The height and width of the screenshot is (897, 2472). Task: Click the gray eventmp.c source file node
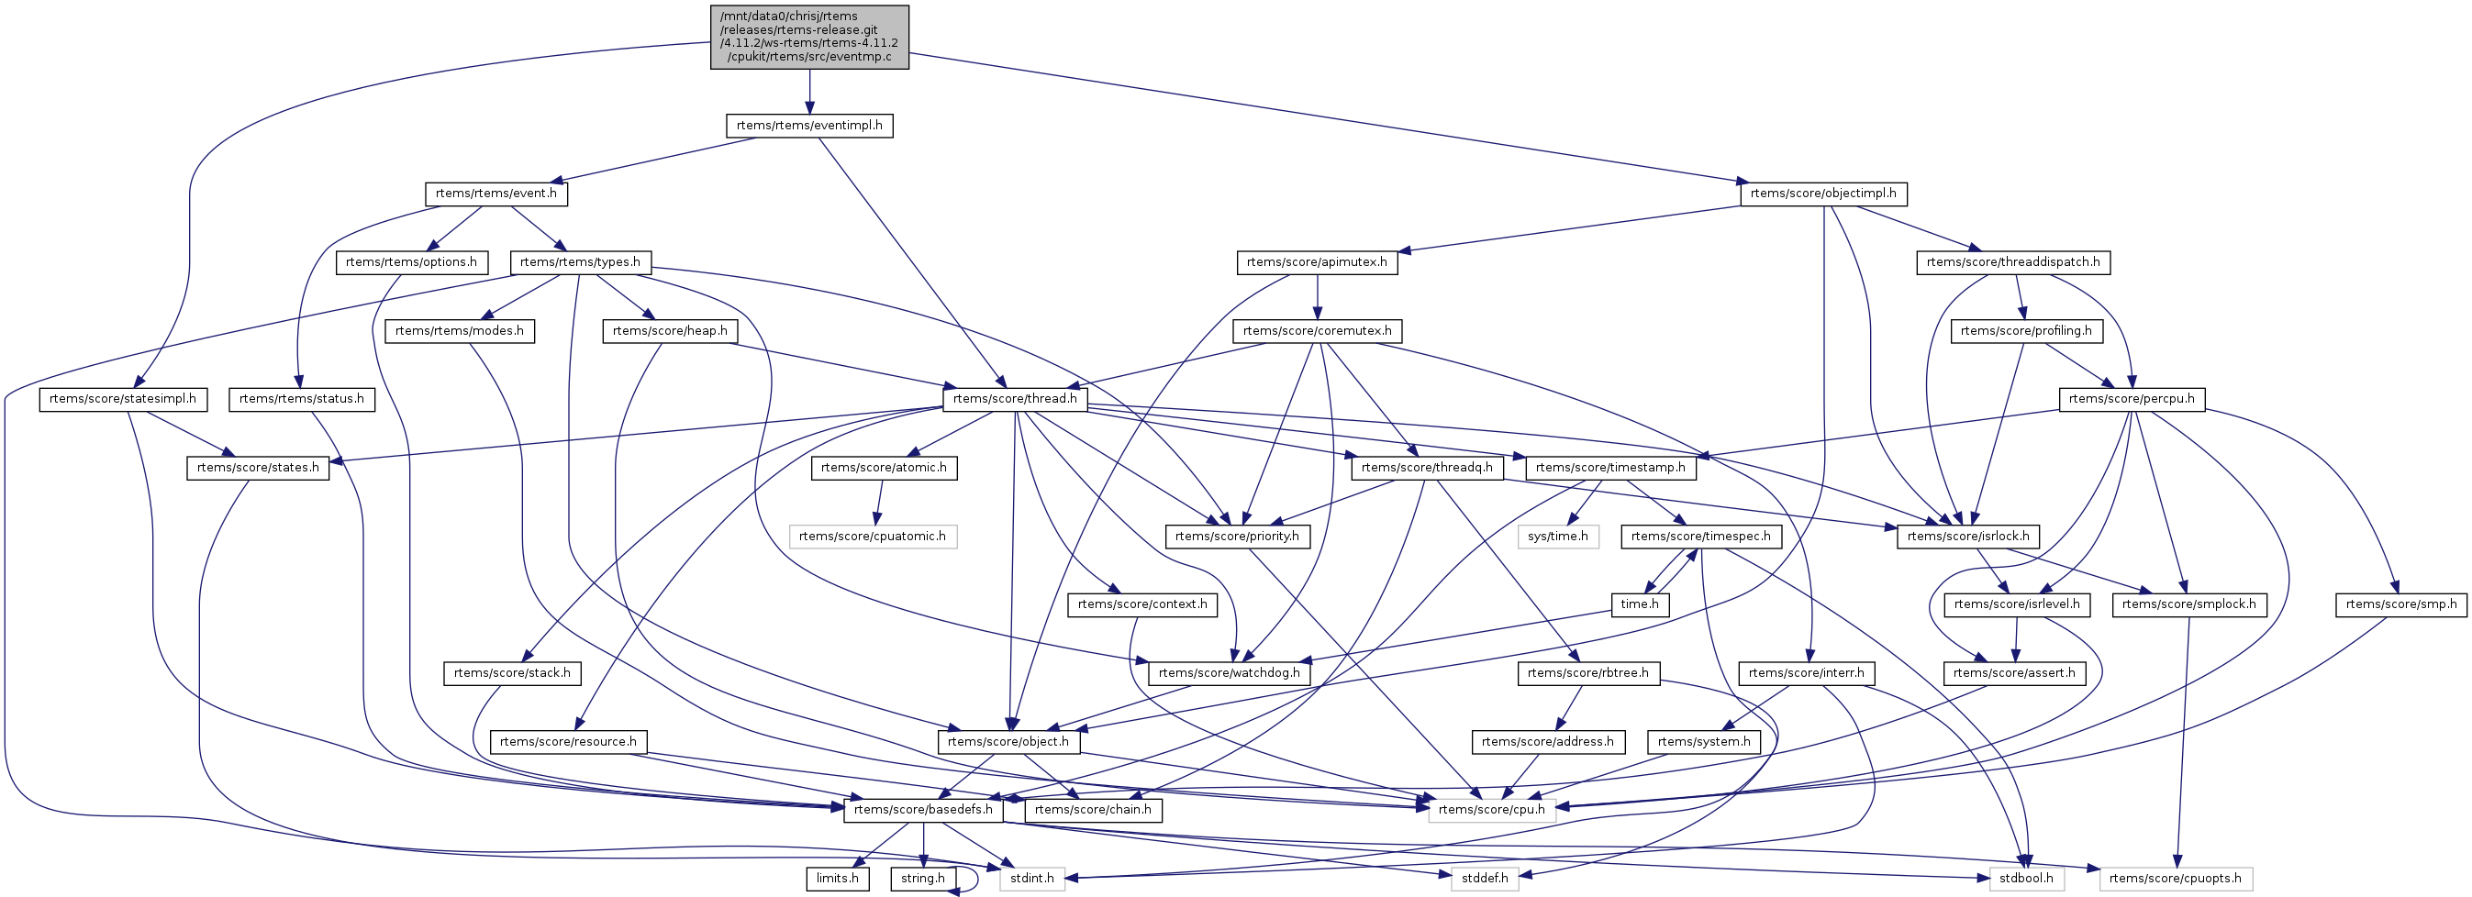[x=809, y=37]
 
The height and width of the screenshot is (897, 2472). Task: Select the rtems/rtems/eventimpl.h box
[x=809, y=126]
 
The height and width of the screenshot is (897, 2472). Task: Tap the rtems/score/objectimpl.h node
[x=1822, y=194]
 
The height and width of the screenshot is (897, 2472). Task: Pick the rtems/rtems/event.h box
[x=496, y=194]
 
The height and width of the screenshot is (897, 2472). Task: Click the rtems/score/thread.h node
[x=1014, y=399]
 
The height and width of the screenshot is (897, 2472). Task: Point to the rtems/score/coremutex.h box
[x=1317, y=331]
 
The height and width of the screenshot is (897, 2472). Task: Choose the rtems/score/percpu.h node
[x=2132, y=399]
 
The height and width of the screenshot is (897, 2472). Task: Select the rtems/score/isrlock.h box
[x=1968, y=537]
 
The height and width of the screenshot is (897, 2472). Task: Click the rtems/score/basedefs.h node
[x=923, y=810]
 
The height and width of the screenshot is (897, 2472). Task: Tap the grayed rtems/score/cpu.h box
[x=1490, y=810]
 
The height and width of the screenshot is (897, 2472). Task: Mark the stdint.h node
[x=1031, y=879]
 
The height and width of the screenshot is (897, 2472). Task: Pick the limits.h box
[x=838, y=879]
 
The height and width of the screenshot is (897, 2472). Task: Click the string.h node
[x=923, y=879]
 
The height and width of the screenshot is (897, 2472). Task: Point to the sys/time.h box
[x=1557, y=537]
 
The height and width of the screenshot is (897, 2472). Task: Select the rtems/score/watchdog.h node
[x=1230, y=673]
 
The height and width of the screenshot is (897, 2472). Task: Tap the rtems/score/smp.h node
[x=2401, y=604]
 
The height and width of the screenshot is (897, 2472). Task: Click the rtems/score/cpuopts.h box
[x=2175, y=879]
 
